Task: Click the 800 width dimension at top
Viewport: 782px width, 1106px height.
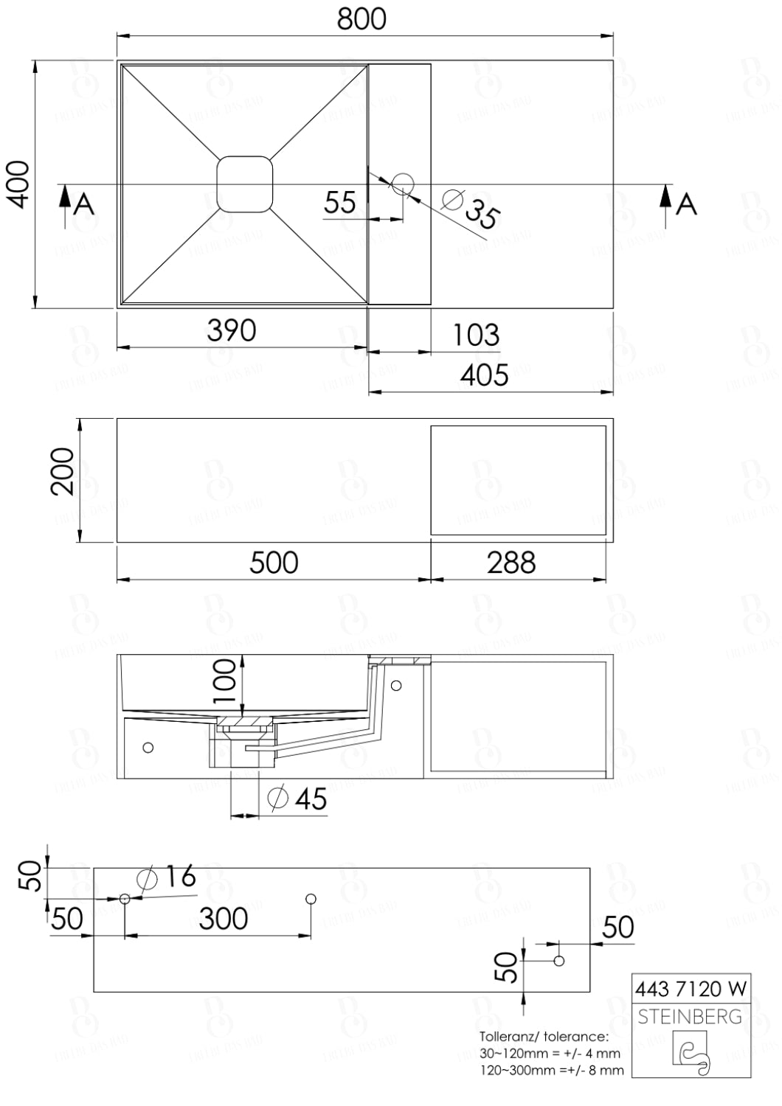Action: pos(361,19)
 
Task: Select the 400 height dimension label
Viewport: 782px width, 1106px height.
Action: pos(19,184)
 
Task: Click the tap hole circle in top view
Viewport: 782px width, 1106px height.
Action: pos(403,183)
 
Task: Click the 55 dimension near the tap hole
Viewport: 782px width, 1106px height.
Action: pos(340,202)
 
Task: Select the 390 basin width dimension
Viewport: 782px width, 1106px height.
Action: pos(232,330)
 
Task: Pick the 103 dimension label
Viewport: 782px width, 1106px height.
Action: pos(475,335)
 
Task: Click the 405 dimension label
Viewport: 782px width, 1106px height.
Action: pos(484,375)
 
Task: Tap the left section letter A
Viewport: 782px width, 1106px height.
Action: pos(86,204)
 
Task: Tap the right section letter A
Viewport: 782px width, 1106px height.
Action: pos(686,203)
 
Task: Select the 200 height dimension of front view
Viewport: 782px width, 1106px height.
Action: pos(63,472)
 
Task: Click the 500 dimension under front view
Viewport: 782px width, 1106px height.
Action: pos(274,563)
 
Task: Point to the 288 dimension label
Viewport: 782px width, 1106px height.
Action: pos(511,563)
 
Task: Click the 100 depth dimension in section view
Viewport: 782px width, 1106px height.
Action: pos(226,679)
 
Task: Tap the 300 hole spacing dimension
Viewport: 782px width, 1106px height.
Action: pos(223,919)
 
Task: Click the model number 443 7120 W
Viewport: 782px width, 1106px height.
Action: pos(690,988)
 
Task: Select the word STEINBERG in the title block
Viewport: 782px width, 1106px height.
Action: pos(690,1017)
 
